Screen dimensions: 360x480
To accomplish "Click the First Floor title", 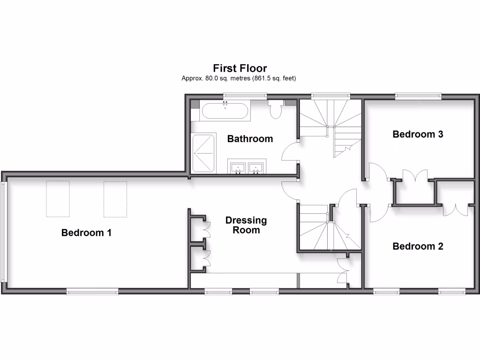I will click(x=240, y=68).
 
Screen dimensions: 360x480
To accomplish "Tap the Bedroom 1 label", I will click(x=86, y=232).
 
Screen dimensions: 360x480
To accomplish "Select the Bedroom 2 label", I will click(x=418, y=246).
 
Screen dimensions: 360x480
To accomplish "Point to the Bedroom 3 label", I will click(x=418, y=135).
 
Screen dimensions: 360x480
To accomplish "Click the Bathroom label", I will click(x=250, y=139).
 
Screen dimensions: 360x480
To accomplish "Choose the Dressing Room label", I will click(x=246, y=225).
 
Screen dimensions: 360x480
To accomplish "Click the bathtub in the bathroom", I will click(x=225, y=111).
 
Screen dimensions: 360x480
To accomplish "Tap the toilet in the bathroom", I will click(x=275, y=109).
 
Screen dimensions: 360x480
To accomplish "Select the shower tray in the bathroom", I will click(x=203, y=153).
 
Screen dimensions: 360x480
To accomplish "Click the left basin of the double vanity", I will click(x=239, y=166).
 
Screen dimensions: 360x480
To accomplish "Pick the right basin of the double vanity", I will click(x=256, y=166).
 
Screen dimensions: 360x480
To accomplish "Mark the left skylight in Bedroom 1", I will click(x=58, y=199).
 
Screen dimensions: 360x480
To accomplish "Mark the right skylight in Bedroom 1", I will click(x=115, y=199).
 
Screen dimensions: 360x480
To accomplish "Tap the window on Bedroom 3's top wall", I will click(x=418, y=96).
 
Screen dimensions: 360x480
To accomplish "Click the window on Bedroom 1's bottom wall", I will click(x=92, y=292).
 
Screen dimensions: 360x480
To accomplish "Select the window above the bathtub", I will click(x=245, y=96).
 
